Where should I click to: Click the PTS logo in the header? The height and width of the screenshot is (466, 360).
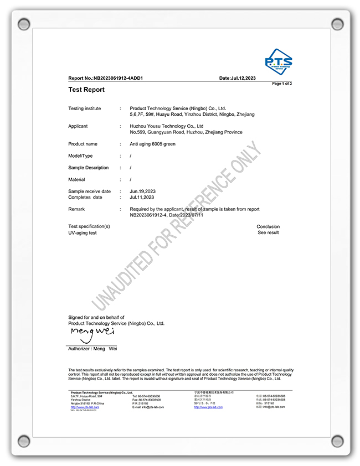278,62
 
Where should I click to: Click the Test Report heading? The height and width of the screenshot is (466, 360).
86,90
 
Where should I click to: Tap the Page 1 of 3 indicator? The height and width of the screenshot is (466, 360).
282,84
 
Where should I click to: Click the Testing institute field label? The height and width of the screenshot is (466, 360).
85,108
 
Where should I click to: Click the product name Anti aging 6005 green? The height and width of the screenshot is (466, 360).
152,144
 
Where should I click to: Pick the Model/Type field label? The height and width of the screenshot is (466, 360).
80,156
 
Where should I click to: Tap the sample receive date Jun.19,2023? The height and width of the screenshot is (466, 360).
142,191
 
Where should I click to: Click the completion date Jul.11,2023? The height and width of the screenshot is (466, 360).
142,198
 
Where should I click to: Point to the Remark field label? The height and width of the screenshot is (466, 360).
76,209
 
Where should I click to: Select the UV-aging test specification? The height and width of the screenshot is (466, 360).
83,233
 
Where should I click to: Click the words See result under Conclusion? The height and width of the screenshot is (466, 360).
269,233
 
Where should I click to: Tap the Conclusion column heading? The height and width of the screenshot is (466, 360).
268,226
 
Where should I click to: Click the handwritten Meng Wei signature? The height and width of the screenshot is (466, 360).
92,332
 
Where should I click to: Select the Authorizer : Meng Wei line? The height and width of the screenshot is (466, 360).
92,349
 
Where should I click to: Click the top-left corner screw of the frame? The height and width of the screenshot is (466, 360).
24,24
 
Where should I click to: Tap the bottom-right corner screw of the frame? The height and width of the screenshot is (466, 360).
337,441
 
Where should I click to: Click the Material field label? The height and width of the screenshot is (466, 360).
76,179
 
